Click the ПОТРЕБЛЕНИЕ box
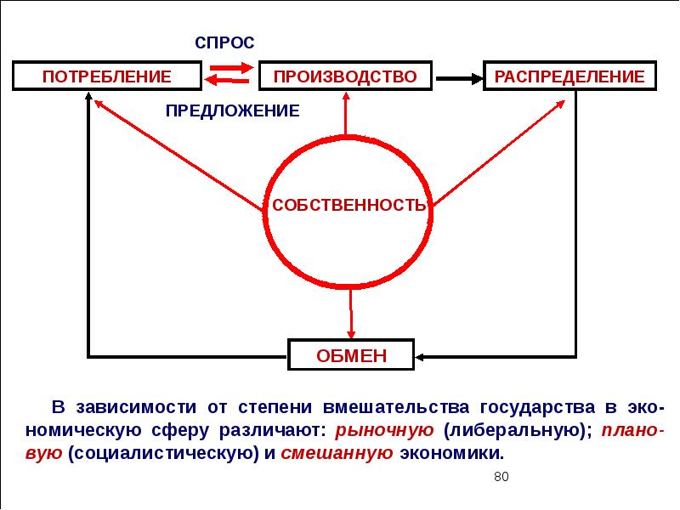coord(107,76)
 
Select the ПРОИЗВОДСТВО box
coord(345,76)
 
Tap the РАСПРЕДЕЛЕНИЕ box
coord(569,76)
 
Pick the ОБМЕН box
coord(351,355)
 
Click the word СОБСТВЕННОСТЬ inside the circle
coord(348,206)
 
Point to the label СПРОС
coord(224,43)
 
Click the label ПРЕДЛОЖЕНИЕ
coord(232,110)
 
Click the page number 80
coord(501,476)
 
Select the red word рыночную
coord(385,428)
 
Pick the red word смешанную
coord(335,452)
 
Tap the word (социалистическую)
coord(167,452)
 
